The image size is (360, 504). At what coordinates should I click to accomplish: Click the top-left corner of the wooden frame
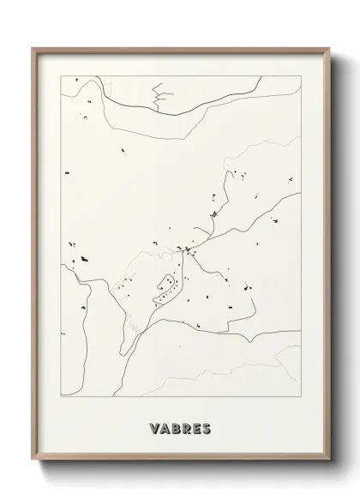click(33, 48)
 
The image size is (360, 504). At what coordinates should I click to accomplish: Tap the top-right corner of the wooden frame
click(328, 48)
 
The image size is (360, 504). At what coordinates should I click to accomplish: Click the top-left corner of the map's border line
click(61, 75)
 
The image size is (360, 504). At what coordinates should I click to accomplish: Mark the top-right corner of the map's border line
click(301, 75)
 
